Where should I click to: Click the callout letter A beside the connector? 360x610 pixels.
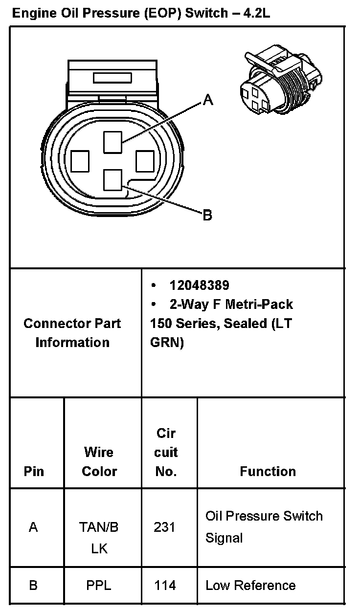pos(208,100)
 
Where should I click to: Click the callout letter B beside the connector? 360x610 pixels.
pos(207,215)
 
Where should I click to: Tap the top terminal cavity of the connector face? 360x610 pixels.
pos(112,143)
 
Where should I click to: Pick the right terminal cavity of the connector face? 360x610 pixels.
pos(145,161)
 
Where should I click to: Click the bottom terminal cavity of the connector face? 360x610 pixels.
pos(112,179)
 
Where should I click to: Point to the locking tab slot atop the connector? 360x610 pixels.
pos(112,78)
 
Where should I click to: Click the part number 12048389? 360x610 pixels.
pos(199,285)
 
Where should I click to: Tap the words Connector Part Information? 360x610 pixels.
pos(72,333)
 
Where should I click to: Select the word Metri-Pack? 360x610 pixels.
pos(259,305)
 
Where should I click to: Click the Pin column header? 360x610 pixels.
pos(33,472)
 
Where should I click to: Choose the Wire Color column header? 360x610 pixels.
pos(99,462)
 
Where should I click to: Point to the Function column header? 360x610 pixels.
pos(268,472)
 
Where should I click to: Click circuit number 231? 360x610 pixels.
pos(164,527)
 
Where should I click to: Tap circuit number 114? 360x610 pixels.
pos(165,586)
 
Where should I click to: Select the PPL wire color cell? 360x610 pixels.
pos(99,586)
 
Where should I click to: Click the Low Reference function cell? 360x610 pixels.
pos(250,586)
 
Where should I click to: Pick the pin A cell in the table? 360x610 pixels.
pos(33,527)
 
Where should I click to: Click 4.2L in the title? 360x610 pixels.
pos(254,13)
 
